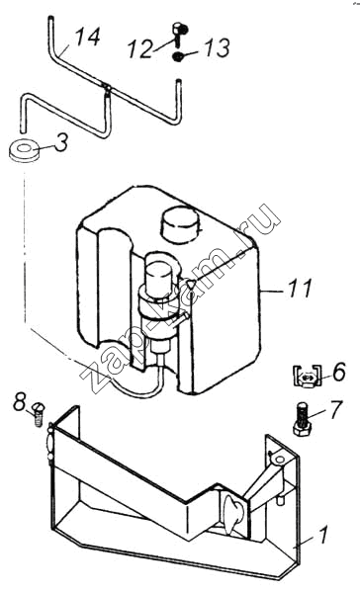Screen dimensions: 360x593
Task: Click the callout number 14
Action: click(x=87, y=38)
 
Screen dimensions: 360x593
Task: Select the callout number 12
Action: click(x=140, y=49)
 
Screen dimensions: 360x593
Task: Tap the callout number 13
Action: click(x=218, y=48)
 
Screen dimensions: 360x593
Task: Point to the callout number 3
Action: click(x=61, y=143)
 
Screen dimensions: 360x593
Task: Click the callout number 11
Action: click(x=301, y=289)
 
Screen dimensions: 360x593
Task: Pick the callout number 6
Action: click(x=339, y=372)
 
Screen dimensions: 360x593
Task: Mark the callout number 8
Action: click(x=20, y=402)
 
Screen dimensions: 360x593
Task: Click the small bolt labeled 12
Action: click(x=179, y=35)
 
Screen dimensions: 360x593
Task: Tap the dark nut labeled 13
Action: click(x=177, y=57)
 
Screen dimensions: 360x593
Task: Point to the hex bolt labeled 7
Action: click(x=302, y=419)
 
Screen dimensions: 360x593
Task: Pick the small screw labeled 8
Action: click(x=38, y=414)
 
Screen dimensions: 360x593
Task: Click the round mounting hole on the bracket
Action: click(x=280, y=460)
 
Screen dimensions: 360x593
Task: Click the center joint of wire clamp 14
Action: click(x=107, y=88)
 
